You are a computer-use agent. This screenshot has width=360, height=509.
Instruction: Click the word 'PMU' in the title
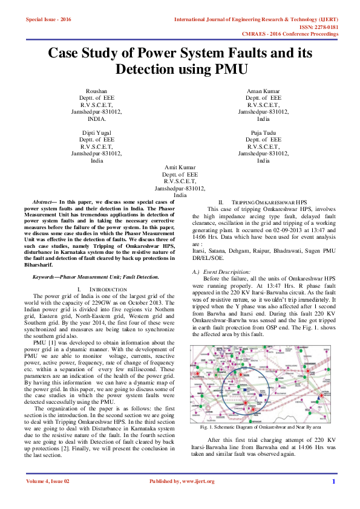(x=224, y=69)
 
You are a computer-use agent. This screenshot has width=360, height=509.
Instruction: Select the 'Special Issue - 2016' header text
(x=48, y=20)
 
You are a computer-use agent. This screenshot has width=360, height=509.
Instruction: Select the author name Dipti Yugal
(x=96, y=132)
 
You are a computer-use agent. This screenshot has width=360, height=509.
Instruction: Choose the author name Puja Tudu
(x=263, y=132)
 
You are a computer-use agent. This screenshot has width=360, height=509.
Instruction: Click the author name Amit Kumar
(x=180, y=167)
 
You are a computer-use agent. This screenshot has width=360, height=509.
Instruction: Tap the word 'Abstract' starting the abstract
(x=44, y=200)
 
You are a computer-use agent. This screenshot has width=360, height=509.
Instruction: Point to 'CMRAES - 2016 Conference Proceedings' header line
(x=290, y=34)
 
